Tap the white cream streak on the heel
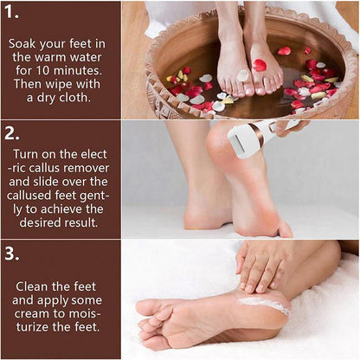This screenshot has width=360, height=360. [x=265, y=304]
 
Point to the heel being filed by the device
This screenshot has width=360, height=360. [x=222, y=149]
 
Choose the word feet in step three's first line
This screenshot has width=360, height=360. [x=87, y=285]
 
